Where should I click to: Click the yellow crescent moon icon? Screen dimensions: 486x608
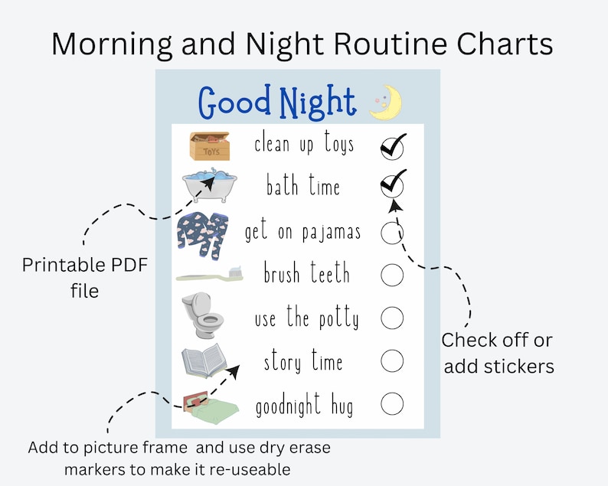[x=385, y=103]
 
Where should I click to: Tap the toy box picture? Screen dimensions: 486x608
[x=209, y=145]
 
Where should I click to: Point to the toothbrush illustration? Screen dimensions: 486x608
[x=209, y=274]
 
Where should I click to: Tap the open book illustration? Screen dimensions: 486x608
[x=204, y=360]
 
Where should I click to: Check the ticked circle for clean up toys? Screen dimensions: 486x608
[x=392, y=146]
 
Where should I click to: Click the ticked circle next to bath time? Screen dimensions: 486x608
[x=392, y=185]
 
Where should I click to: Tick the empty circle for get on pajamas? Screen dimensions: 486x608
[x=392, y=232]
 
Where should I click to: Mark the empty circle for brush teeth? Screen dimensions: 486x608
[x=392, y=275]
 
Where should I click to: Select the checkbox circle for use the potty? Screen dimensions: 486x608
[x=392, y=317]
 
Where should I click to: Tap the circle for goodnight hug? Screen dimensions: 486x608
[x=392, y=403]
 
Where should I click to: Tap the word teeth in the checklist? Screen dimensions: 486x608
[x=330, y=273]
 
